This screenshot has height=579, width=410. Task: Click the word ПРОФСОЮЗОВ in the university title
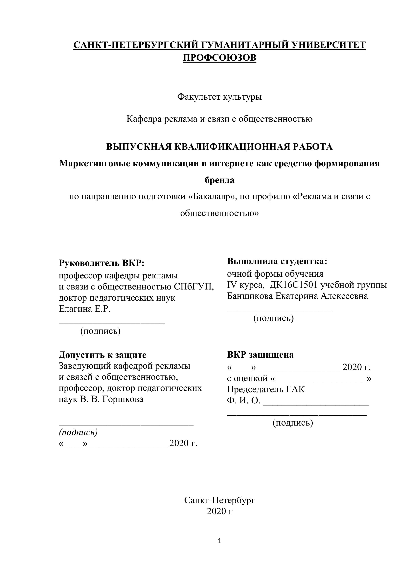point(219,58)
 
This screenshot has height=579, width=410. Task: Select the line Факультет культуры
point(219,97)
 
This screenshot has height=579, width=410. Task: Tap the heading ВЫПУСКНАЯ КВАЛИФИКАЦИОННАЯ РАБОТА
point(219,147)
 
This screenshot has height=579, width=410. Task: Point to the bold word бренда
point(219,180)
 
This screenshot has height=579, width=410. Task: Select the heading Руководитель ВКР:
point(102,263)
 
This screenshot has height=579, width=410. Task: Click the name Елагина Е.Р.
point(85,309)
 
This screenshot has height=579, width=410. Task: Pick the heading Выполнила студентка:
point(277,261)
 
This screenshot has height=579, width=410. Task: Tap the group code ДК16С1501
point(293,285)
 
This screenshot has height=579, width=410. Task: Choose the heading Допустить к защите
point(102,355)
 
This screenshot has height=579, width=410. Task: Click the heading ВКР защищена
point(260,355)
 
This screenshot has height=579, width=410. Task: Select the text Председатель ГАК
point(266,389)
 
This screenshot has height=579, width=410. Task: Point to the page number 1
point(219,541)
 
